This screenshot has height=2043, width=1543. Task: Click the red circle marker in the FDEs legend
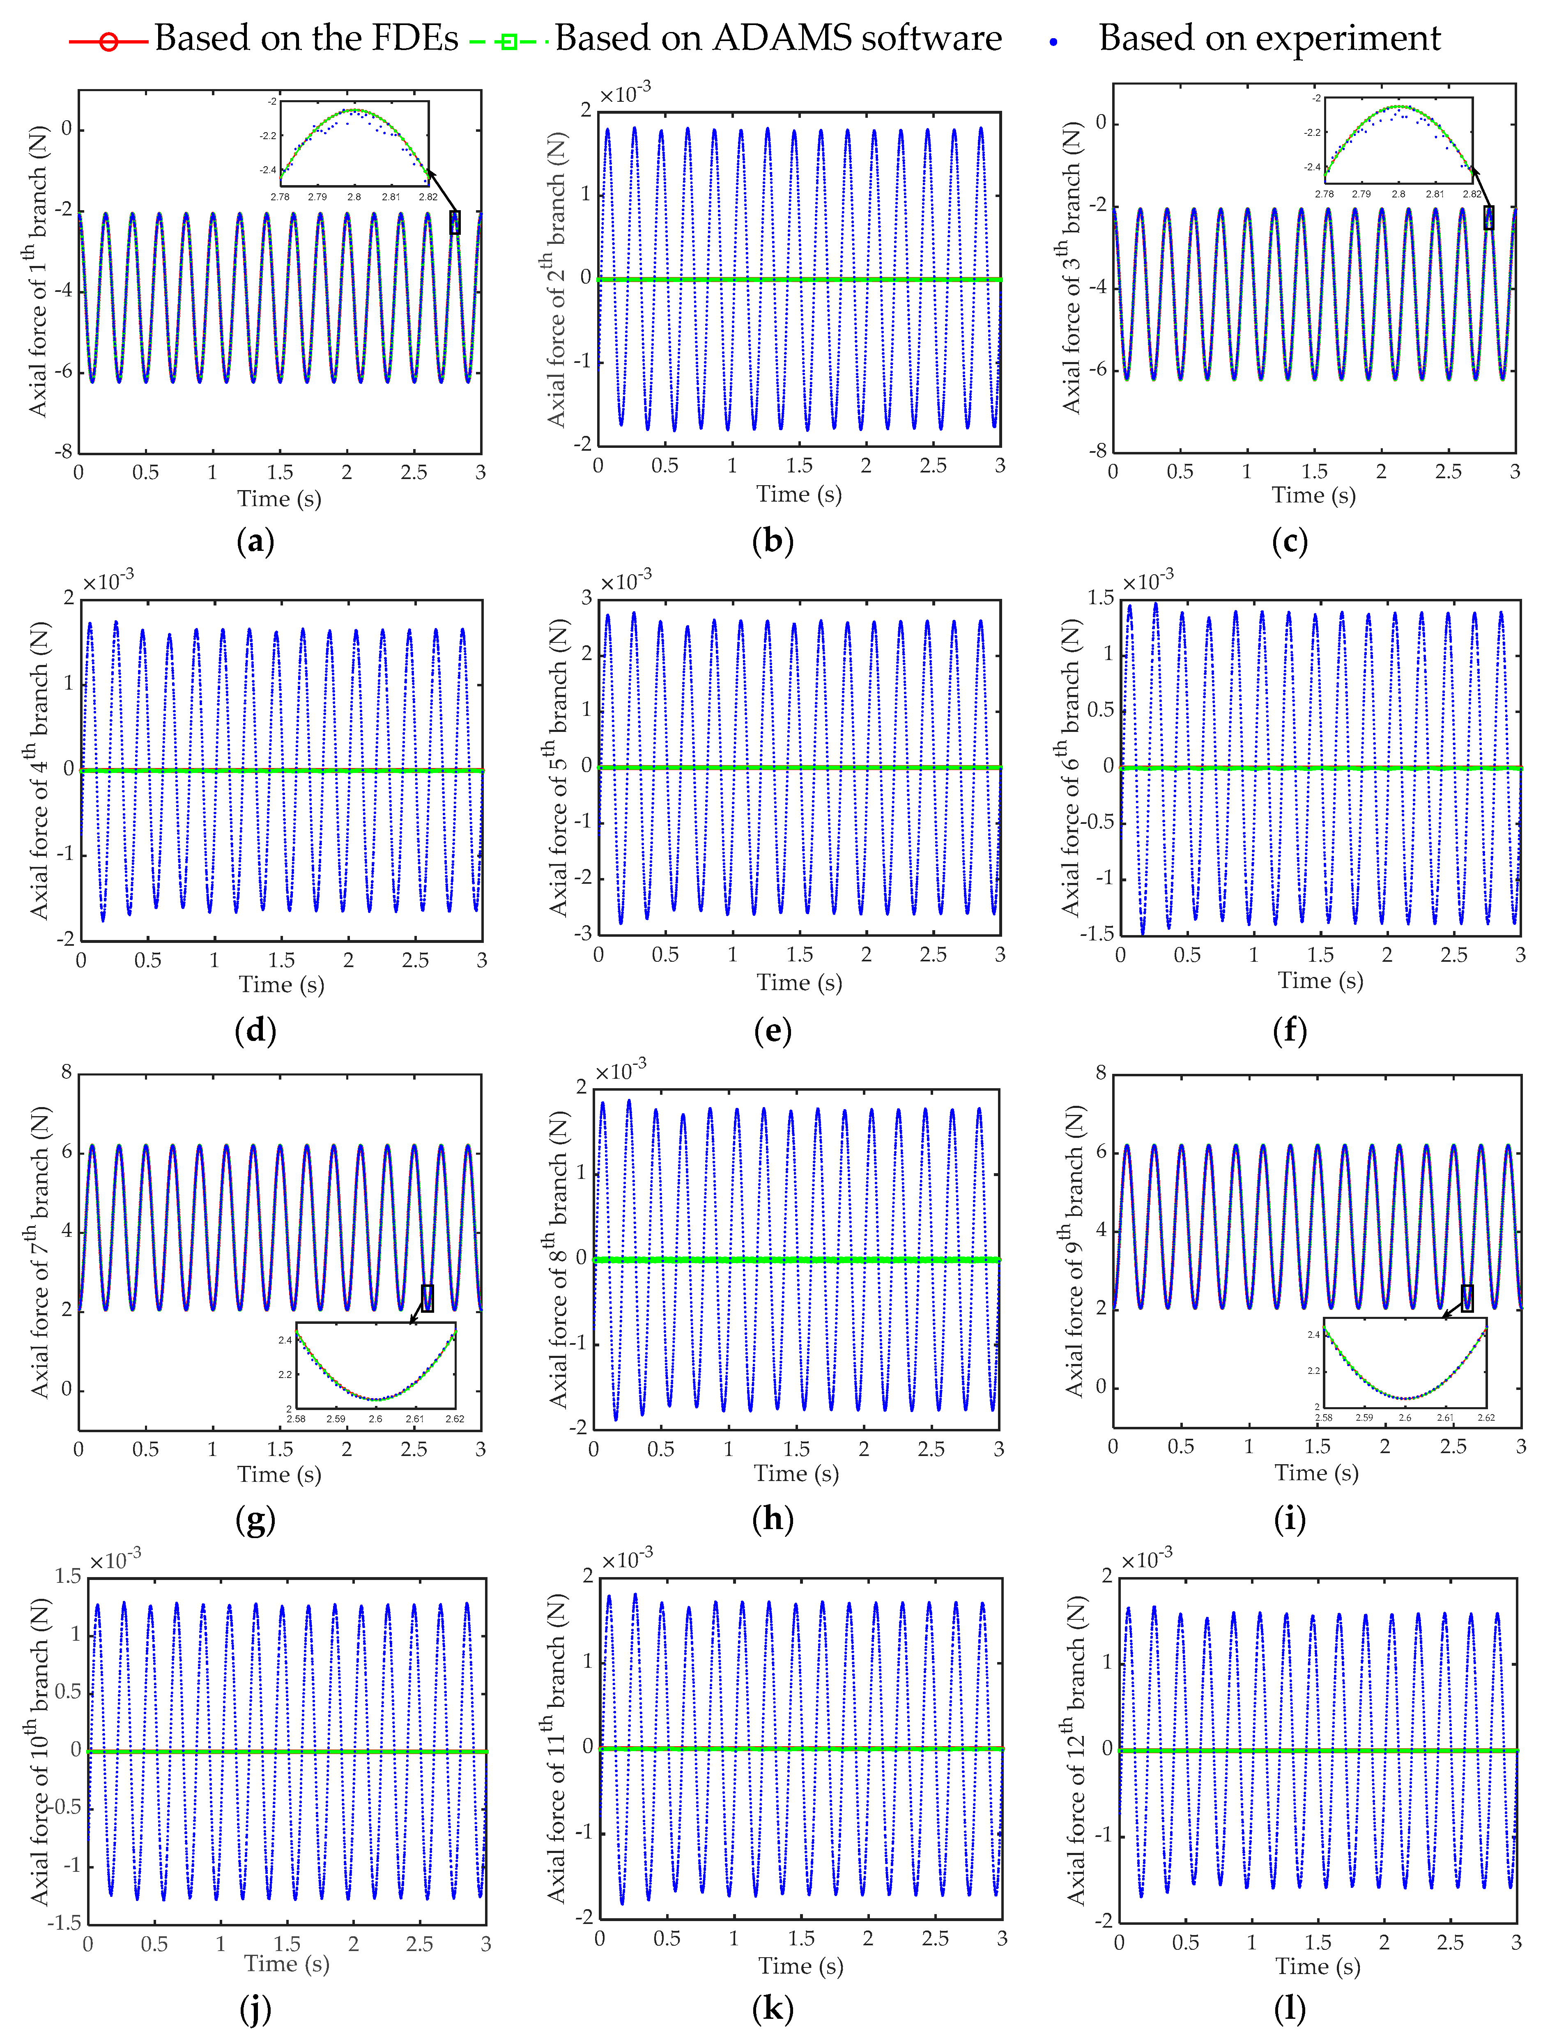pos(108,41)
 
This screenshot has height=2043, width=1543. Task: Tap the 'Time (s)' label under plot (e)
pos(799,983)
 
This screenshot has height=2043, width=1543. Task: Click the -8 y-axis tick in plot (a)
pos(63,452)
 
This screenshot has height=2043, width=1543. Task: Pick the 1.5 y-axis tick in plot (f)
pos(1100,598)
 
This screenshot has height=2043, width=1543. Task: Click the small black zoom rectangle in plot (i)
pos(1467,1298)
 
